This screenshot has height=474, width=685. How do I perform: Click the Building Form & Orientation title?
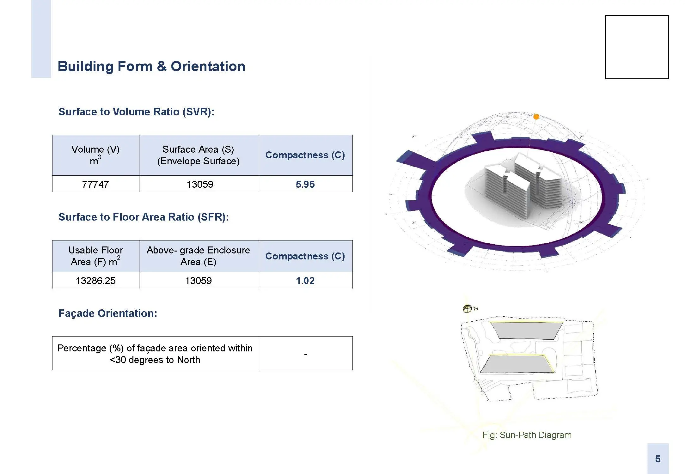tap(151, 66)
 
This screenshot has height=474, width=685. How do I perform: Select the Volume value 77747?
tap(95, 184)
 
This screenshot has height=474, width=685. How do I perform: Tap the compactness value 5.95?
tap(305, 184)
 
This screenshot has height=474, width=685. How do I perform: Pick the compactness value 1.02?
tap(305, 281)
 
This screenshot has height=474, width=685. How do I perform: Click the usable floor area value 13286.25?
tap(95, 281)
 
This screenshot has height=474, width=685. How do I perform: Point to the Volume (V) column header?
tap(95, 155)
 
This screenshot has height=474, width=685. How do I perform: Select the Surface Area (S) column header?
tap(199, 155)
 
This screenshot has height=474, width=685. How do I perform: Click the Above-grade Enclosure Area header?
tap(199, 256)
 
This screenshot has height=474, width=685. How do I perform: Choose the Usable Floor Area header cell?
tap(95, 256)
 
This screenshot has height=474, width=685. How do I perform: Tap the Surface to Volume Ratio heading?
tap(136, 112)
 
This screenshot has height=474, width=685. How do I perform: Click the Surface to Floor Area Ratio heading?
tap(144, 217)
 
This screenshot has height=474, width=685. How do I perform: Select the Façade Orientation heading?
tap(108, 313)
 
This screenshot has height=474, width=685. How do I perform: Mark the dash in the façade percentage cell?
tap(305, 355)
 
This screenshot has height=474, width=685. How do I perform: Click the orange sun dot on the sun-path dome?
tap(536, 117)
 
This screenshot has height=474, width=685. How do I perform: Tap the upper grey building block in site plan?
tap(526, 331)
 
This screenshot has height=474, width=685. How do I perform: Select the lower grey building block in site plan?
tap(517, 364)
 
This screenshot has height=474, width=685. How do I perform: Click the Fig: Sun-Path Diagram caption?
tap(527, 435)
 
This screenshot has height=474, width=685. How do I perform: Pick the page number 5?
tap(658, 459)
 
